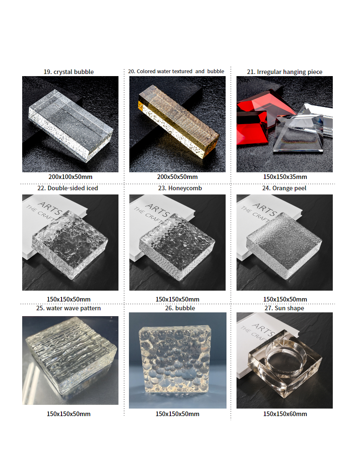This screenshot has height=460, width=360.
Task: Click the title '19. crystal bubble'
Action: pyautogui.click(x=69, y=72)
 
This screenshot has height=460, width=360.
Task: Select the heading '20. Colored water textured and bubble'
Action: pyautogui.click(x=176, y=71)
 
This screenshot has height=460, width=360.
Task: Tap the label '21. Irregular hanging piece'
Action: pyautogui.click(x=285, y=72)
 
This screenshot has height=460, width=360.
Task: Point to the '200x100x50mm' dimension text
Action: pyautogui.click(x=70, y=177)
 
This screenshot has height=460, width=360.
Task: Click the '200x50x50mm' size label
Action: pyautogui.click(x=177, y=177)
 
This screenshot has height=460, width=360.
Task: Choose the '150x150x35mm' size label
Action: pyautogui.click(x=285, y=177)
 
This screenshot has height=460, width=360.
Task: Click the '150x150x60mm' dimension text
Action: pyautogui.click(x=285, y=414)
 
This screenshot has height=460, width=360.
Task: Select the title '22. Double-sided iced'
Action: pyautogui.click(x=67, y=188)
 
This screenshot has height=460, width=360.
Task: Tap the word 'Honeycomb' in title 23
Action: pyautogui.click(x=185, y=188)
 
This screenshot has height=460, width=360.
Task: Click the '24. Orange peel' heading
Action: pyautogui.click(x=284, y=188)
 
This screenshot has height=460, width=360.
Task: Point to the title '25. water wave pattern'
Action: pyautogui.click(x=68, y=308)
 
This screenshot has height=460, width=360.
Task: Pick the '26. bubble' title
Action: pyautogui.click(x=180, y=308)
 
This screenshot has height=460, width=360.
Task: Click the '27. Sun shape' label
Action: pyautogui.click(x=284, y=308)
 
